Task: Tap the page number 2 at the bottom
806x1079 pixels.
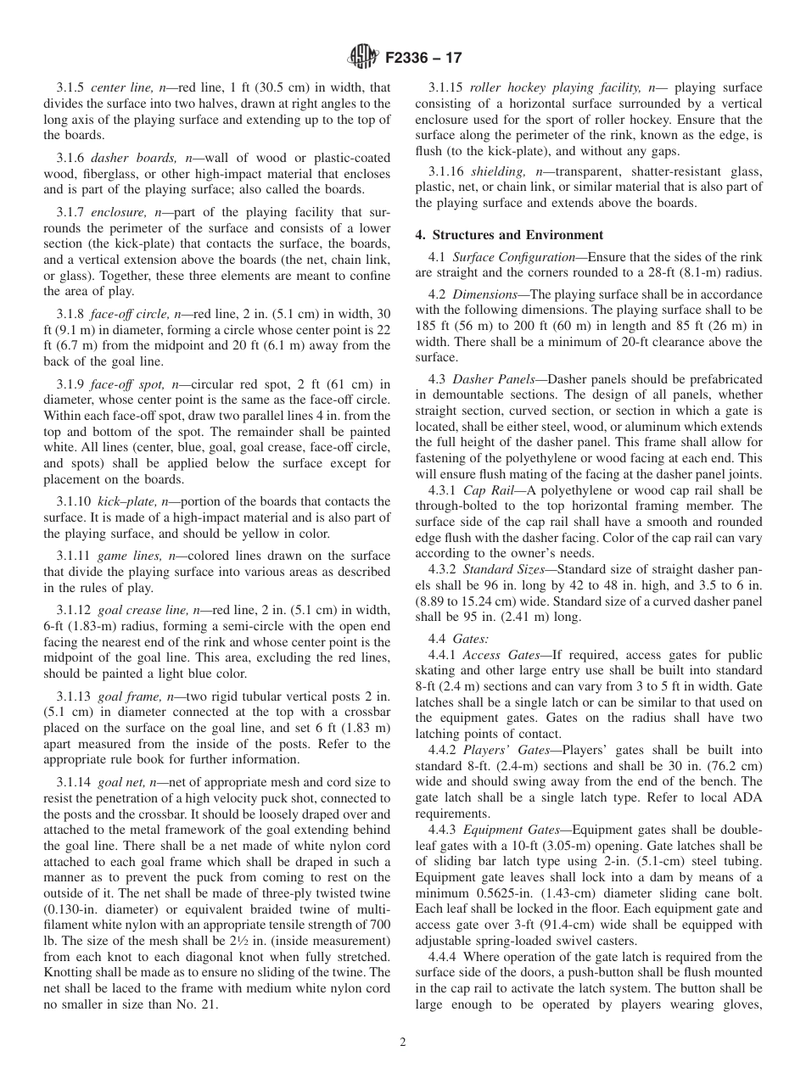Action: click(403, 1043)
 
